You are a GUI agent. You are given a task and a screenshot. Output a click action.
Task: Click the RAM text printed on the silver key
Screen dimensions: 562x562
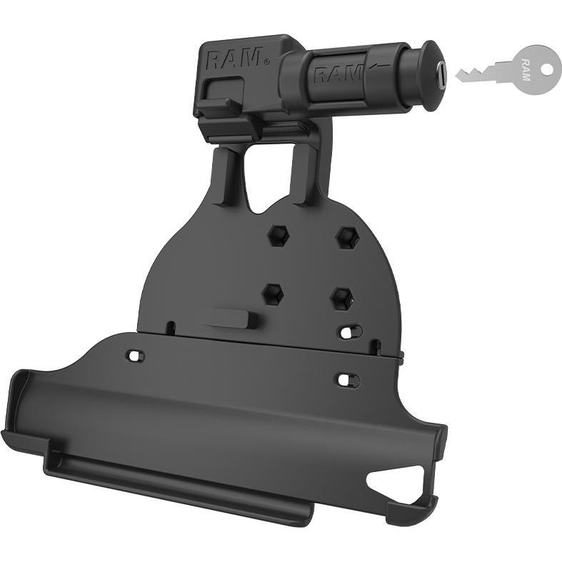click(x=526, y=69)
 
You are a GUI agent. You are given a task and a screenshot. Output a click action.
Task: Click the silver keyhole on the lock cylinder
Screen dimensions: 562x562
click(x=441, y=74)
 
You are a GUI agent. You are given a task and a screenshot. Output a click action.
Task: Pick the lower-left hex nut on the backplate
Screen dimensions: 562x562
click(x=272, y=292)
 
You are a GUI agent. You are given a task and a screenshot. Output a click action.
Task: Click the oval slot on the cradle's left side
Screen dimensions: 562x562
click(x=134, y=355)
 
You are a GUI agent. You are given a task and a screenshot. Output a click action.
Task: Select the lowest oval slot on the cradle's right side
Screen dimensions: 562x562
click(x=348, y=380)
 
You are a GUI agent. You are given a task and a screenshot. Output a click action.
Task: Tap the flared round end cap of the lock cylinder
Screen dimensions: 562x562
click(x=430, y=75)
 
